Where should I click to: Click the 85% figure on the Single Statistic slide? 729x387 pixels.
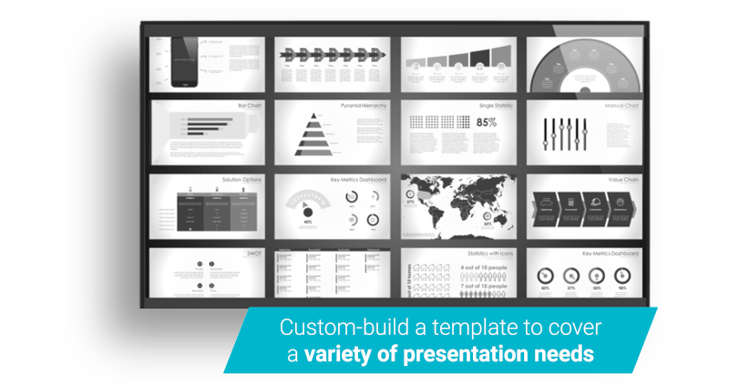[x=486, y=122]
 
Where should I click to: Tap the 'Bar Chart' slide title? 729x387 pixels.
[x=250, y=105]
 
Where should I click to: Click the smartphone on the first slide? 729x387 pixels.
[x=184, y=62]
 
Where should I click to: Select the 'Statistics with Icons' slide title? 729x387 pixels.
[x=489, y=253]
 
